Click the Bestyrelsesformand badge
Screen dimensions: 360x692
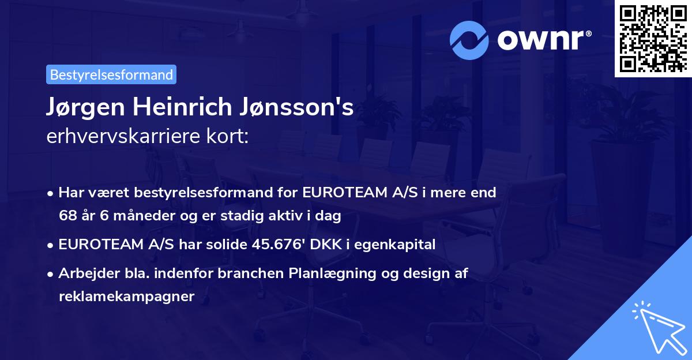111,74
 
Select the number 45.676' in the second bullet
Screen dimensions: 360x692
280,245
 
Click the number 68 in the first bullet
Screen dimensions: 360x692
66,216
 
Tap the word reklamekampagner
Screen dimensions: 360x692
127,297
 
